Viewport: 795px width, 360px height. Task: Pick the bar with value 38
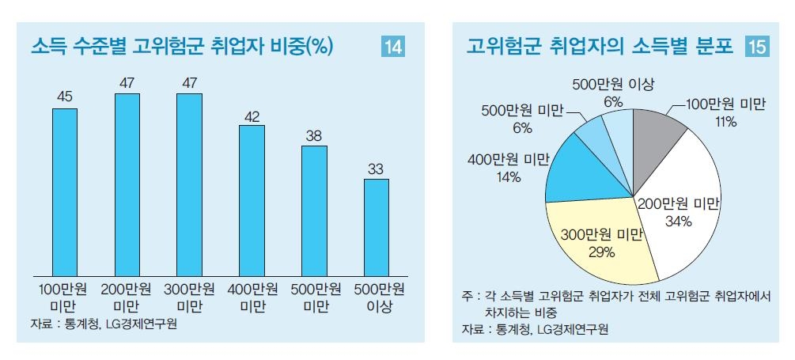314,210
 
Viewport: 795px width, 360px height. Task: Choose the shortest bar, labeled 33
376,226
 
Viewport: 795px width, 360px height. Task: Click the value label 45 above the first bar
65,97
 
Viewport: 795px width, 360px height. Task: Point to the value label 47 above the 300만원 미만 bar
189,82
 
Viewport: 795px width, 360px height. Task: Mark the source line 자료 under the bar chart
103,324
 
